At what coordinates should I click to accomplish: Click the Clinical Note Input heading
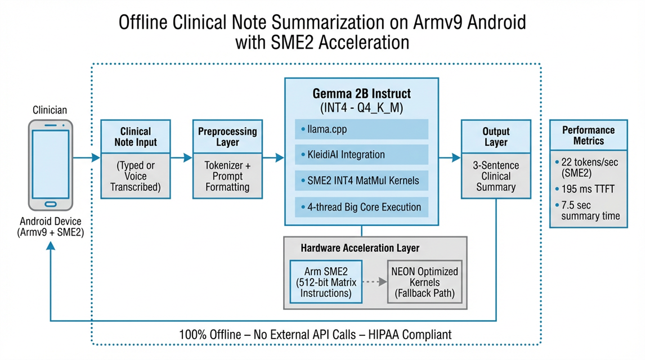[136, 137]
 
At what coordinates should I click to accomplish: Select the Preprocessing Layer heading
[227, 137]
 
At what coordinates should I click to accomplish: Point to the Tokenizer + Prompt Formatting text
[227, 176]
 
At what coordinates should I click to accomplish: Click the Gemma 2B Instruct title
[361, 93]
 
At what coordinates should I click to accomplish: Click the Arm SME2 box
[326, 282]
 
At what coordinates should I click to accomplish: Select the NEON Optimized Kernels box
[425, 282]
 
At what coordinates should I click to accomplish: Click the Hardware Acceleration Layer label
[360, 248]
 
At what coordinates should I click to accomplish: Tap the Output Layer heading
[496, 137]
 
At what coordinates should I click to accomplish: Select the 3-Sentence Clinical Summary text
[496, 176]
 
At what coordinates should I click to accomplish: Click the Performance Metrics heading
[588, 136]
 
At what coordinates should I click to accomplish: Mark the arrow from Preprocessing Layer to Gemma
[274, 158]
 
